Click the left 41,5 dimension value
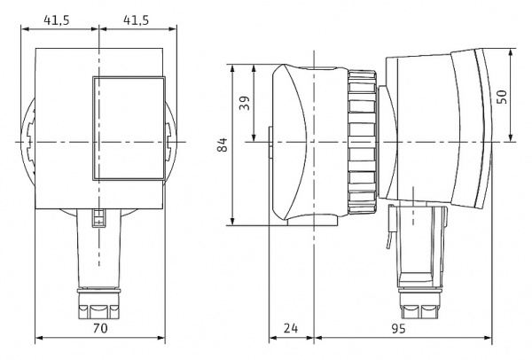57,20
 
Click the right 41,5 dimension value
136,20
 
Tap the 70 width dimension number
100,328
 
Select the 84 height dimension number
223,145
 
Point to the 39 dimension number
245,103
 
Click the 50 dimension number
501,97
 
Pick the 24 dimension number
291,328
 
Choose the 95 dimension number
399,328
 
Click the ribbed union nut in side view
362,142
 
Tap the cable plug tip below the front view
98,303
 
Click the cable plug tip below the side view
419,303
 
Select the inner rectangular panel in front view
129,128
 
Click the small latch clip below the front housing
98,218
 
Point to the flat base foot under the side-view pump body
312,221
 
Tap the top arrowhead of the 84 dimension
232,68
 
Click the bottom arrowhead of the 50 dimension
511,137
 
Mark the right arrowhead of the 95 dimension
488,338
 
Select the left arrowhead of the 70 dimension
39,338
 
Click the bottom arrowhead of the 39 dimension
254,137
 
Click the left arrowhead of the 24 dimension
273,338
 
